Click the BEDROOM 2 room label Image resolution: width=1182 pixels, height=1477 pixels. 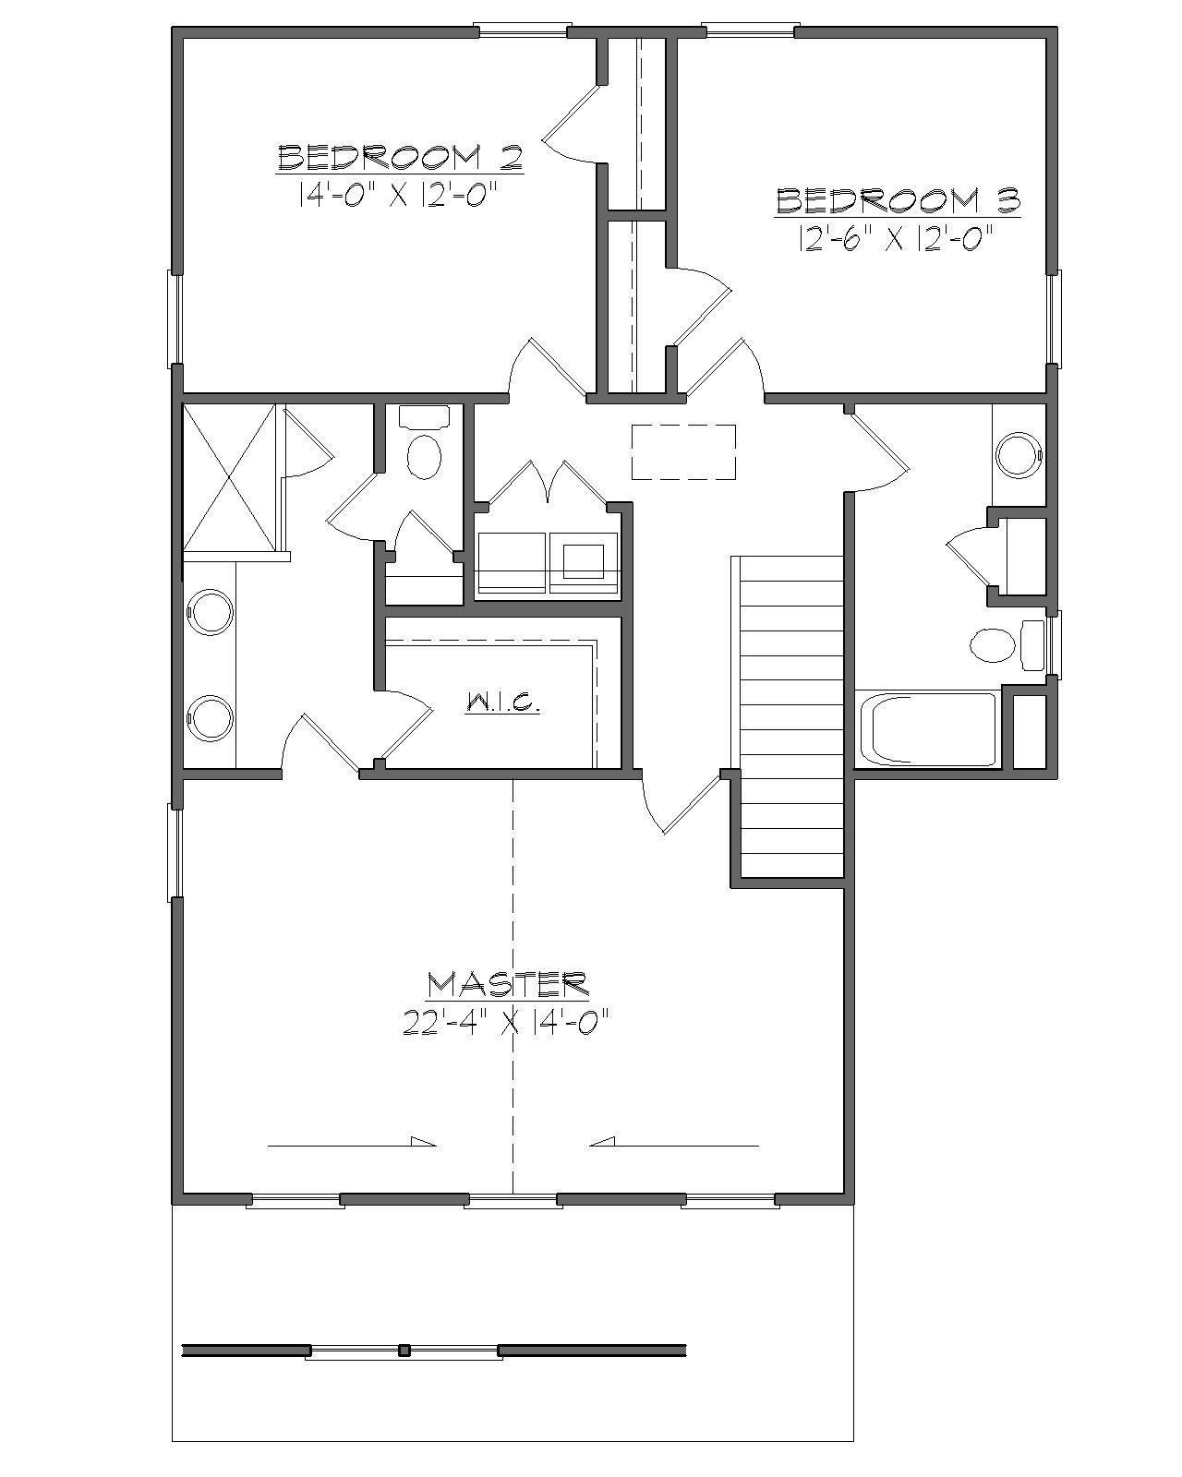click(400, 158)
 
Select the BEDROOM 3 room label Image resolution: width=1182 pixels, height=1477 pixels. click(898, 200)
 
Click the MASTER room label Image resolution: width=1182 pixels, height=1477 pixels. click(507, 984)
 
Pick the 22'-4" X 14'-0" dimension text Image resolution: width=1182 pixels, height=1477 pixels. click(507, 1023)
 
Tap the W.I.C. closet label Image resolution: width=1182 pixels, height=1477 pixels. click(502, 703)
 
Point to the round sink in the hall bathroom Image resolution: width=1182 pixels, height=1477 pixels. click(1019, 454)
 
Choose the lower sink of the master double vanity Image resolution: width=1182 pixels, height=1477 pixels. click(211, 719)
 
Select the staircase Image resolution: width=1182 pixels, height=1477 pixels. click(790, 715)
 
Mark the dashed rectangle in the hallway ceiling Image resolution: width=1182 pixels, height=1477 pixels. click(683, 451)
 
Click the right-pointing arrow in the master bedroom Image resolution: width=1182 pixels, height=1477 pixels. click(352, 1145)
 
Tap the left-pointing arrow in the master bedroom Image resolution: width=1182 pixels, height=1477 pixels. click(674, 1145)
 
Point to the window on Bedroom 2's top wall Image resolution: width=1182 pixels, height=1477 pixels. click(522, 30)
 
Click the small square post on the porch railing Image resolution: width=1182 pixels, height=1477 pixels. click(404, 1351)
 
